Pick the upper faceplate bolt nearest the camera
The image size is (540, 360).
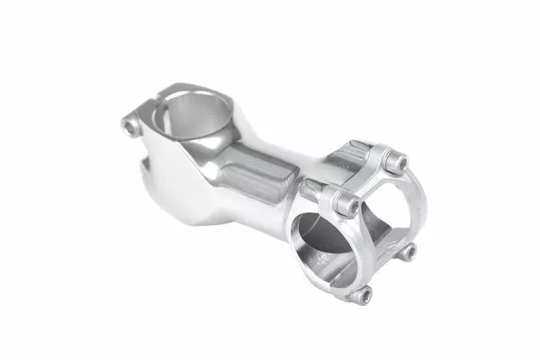345,204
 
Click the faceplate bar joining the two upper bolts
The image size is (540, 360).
369,180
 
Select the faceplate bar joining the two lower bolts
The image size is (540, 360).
385,274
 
